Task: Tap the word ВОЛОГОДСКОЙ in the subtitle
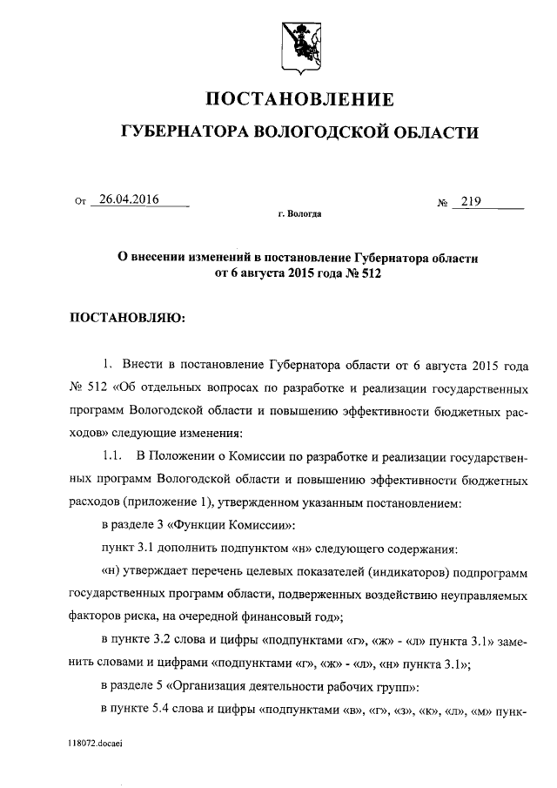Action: click(321, 132)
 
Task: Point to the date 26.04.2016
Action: click(129, 199)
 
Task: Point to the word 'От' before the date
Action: click(81, 202)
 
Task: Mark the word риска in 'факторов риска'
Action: click(147, 617)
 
